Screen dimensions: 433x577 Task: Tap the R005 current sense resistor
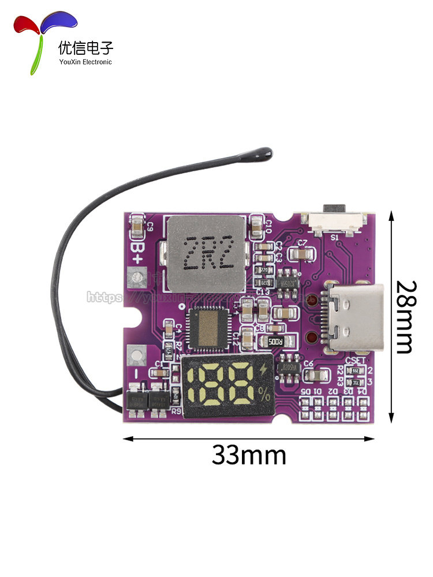(273, 340)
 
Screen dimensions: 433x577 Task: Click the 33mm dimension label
(249, 455)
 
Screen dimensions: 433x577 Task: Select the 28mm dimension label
(406, 317)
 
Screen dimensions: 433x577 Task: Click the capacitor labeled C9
(138, 226)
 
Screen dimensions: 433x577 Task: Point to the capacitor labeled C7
(301, 254)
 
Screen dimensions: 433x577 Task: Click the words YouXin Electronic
(85, 62)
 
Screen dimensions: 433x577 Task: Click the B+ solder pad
(137, 279)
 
